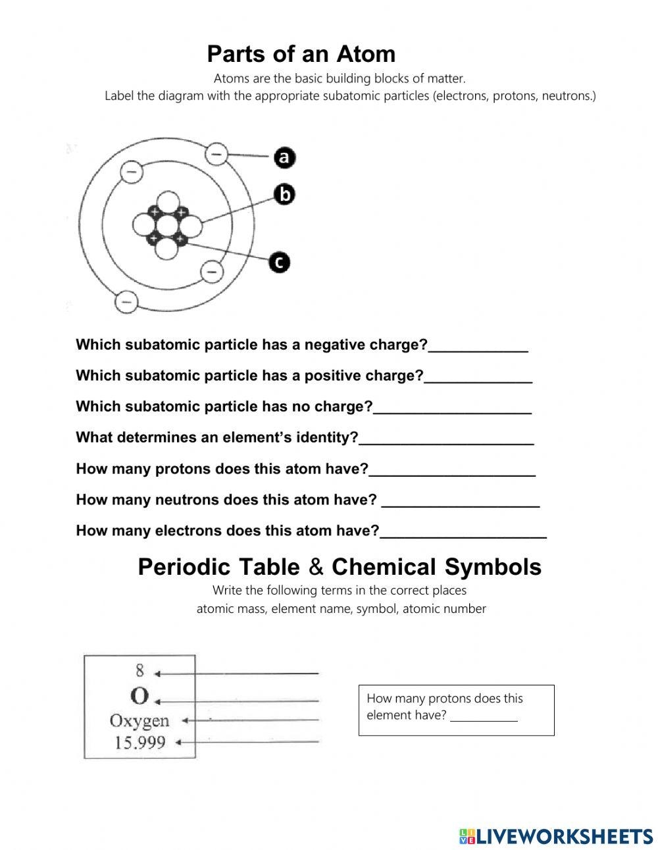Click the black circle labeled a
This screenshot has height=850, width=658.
284,157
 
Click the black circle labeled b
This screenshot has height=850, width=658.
284,194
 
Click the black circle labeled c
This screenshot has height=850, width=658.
280,263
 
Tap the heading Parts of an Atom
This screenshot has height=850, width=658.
301,54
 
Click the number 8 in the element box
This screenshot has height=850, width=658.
139,671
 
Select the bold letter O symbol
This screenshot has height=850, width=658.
139,696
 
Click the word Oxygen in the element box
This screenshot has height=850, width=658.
139,721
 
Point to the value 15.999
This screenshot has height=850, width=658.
139,743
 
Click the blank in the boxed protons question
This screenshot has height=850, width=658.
484,716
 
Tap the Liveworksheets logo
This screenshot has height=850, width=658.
556,836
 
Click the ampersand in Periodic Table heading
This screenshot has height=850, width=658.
316,567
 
